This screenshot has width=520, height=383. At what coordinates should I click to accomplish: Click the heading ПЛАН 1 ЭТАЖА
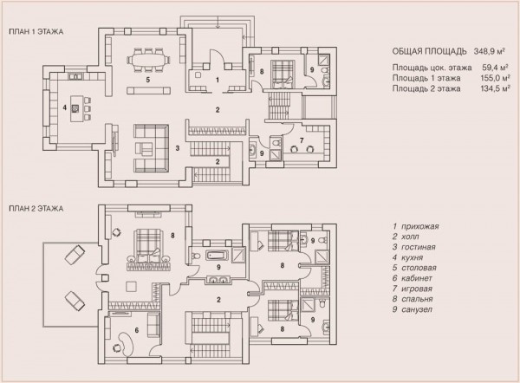pos(36,32)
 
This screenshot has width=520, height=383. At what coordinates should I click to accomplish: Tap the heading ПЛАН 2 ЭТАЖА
pos(36,209)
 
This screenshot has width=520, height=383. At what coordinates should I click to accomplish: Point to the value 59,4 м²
pos(496,68)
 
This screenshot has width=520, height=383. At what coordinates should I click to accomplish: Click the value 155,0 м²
pos(495,78)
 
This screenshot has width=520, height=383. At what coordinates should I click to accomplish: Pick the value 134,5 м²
pos(495,88)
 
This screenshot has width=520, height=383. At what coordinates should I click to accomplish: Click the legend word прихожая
pos(420,226)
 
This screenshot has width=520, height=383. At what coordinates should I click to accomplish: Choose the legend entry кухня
pos(413,257)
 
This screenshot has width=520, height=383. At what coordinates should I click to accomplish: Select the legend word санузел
pos(417,309)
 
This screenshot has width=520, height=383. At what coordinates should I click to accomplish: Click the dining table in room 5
pos(148,60)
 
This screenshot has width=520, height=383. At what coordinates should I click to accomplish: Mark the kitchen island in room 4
pos(76,108)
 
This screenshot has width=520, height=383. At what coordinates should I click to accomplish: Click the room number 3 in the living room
pos(178,148)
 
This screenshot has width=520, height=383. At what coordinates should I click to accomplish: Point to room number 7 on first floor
pos(302,140)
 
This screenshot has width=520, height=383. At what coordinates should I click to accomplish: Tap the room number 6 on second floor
pos(137,330)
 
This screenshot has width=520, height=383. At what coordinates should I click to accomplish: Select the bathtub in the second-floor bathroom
pos(218,256)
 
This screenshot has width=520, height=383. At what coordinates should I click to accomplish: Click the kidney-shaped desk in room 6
pos(127,344)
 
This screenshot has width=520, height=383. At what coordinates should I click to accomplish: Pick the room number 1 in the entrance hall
pos(218,80)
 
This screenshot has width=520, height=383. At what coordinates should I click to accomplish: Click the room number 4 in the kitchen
pos(65,107)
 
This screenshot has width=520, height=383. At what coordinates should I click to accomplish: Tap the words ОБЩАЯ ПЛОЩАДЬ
pos(430,51)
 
